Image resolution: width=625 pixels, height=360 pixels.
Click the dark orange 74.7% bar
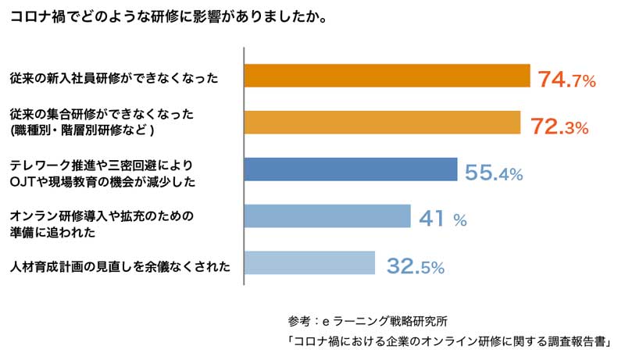pyautogui.click(x=387, y=76)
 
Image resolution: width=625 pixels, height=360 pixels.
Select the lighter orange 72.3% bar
pyautogui.click(x=382, y=123)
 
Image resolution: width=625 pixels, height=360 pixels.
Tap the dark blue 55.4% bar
pyautogui.click(x=351, y=169)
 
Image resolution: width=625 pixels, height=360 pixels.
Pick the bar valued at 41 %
pyautogui.click(x=327, y=216)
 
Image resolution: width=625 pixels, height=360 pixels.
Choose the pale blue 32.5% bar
pyautogui.click(x=310, y=263)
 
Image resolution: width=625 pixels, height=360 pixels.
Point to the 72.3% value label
pyautogui.click(x=559, y=126)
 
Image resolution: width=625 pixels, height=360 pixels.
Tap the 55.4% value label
pyautogui.click(x=493, y=173)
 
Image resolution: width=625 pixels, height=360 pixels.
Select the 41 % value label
pyautogui.click(x=443, y=219)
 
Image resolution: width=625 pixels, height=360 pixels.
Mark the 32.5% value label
pyautogui.click(x=416, y=266)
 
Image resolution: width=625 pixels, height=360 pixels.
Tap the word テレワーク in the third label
pyautogui.click(x=39, y=166)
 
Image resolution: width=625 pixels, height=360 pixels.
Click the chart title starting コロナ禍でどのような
pyautogui.click(x=167, y=16)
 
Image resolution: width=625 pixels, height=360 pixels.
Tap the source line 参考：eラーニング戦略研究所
pyautogui.click(x=367, y=322)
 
